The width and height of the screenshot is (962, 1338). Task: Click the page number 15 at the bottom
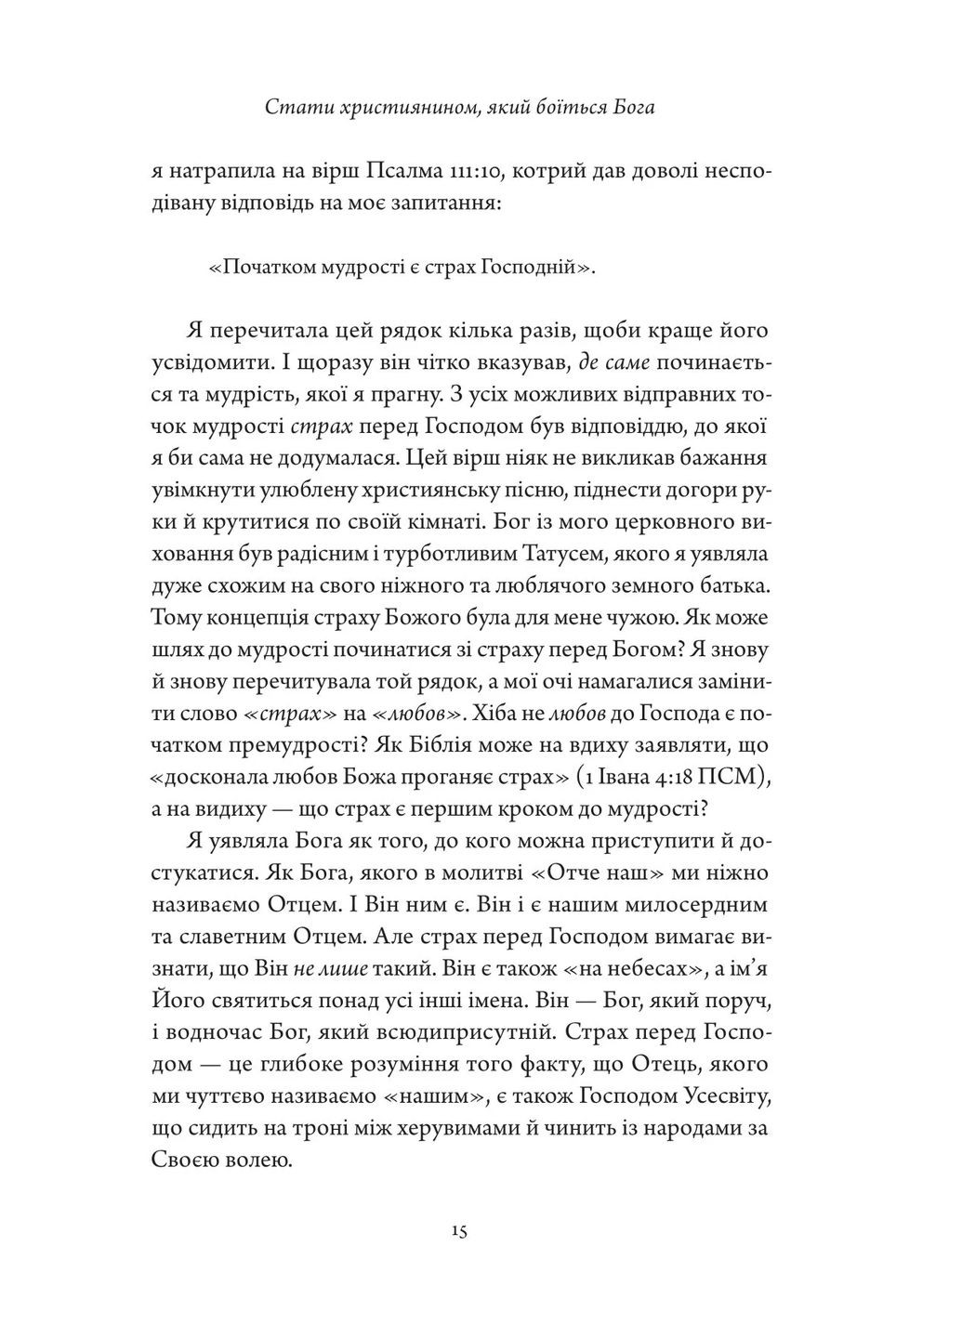459,1231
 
